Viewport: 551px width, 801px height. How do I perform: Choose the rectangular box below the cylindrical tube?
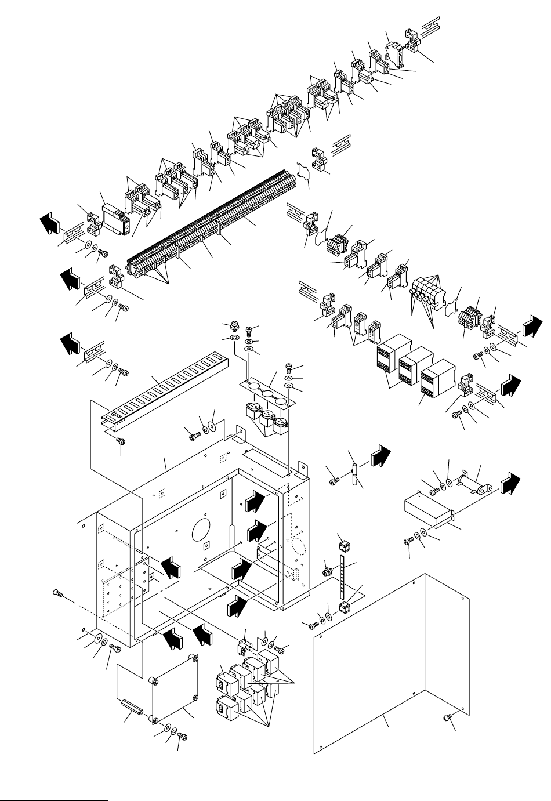tap(426, 510)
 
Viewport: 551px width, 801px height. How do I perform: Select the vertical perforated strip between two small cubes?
tap(343, 577)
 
